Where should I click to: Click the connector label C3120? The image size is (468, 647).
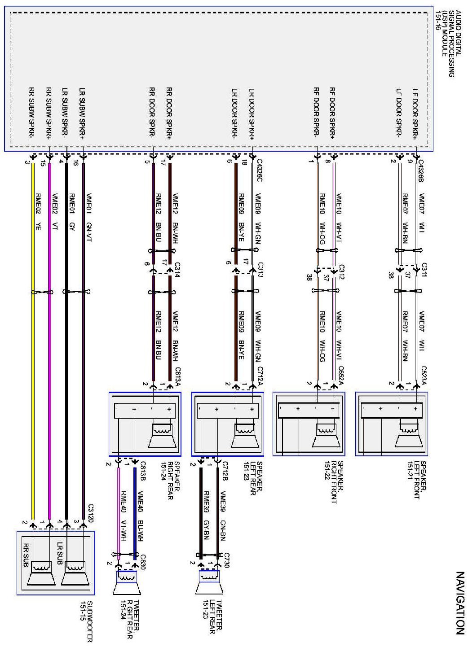click(x=90, y=511)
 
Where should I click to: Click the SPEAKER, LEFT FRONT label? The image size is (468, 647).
click(x=416, y=480)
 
